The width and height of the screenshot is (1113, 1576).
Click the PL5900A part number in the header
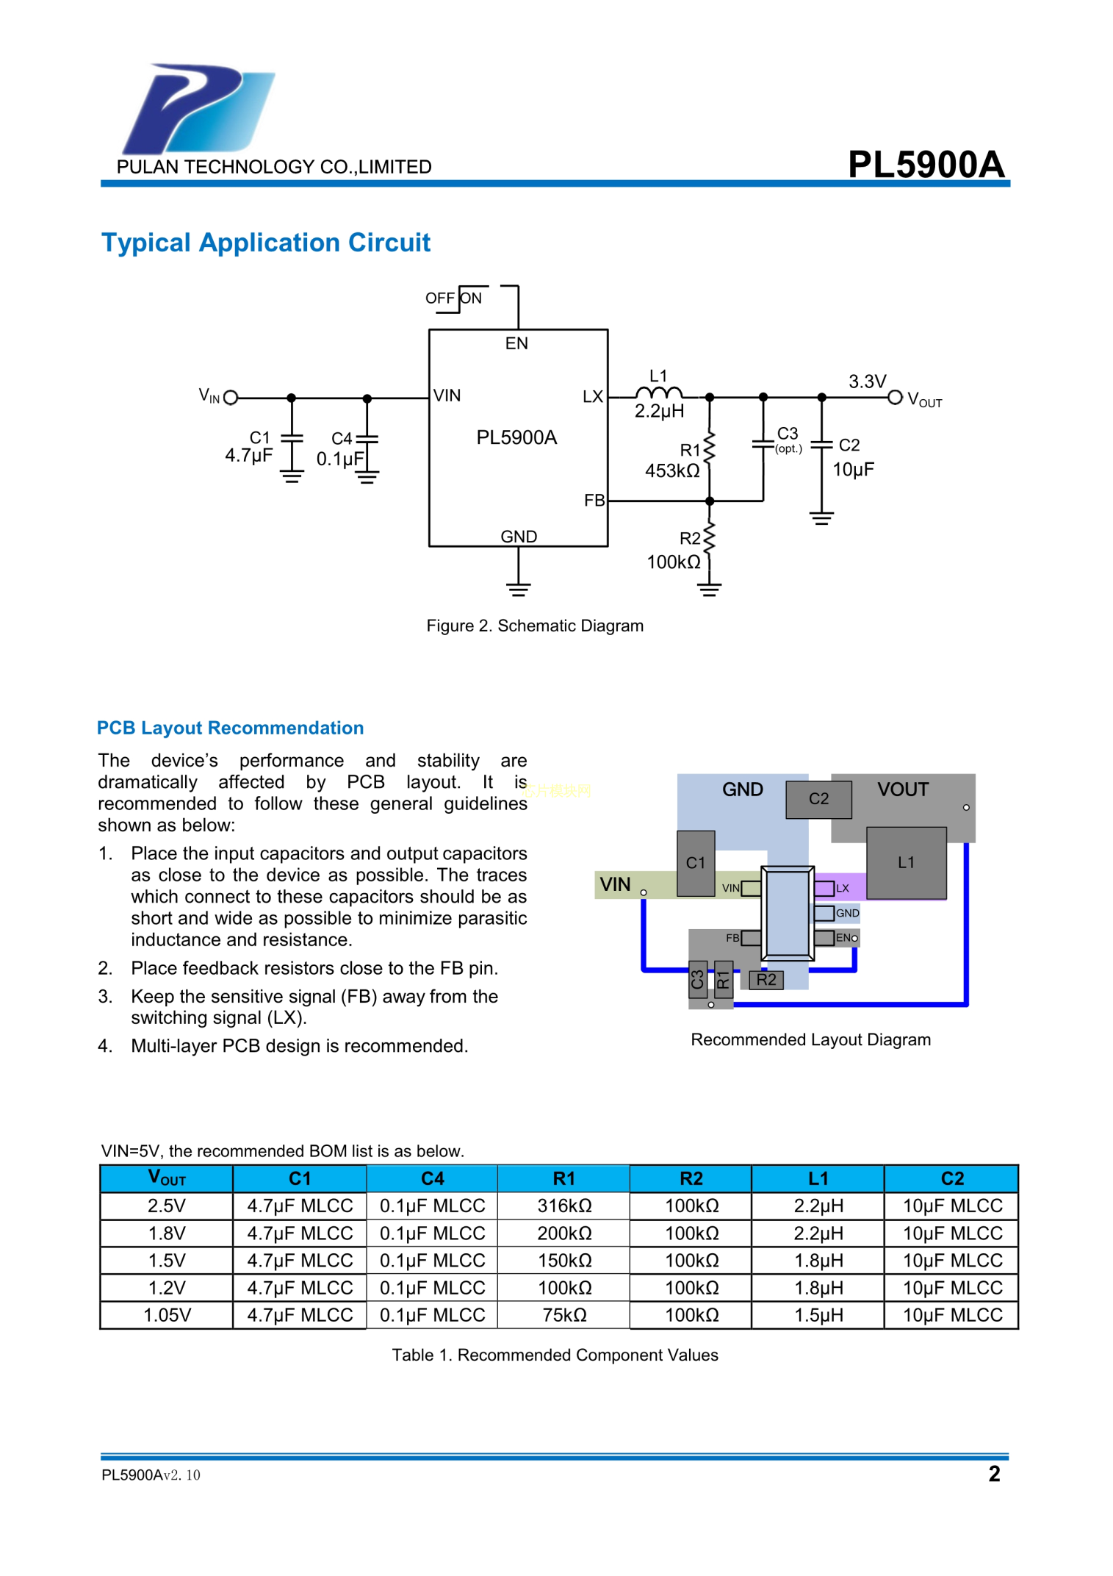[x=925, y=164]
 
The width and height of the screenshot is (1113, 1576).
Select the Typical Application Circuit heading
[x=265, y=243]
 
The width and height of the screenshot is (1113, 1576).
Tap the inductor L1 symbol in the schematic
[x=658, y=393]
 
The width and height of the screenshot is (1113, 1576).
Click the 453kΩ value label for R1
[x=671, y=471]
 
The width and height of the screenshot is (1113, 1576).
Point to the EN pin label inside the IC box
[x=516, y=343]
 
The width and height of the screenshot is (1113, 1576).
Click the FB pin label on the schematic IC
[x=594, y=501]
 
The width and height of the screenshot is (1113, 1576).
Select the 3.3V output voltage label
[x=867, y=382]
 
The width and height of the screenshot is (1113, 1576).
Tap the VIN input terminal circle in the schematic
[x=231, y=398]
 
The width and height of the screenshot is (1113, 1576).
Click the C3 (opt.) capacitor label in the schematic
[x=788, y=439]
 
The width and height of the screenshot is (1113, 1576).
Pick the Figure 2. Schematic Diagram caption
[x=535, y=626]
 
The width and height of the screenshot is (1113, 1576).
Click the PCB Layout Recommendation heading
[x=230, y=728]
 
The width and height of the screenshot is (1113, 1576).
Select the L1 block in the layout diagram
[x=906, y=862]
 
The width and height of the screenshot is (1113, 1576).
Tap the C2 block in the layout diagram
[x=818, y=799]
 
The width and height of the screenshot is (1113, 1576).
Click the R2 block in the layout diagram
[x=766, y=979]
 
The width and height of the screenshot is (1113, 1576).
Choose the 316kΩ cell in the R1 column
[x=563, y=1206]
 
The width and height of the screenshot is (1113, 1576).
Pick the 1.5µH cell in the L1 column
[x=818, y=1315]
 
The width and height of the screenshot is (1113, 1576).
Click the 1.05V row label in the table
[x=167, y=1315]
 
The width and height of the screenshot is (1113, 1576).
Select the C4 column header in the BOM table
[x=432, y=1178]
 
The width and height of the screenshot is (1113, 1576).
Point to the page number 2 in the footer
[x=993, y=1473]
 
